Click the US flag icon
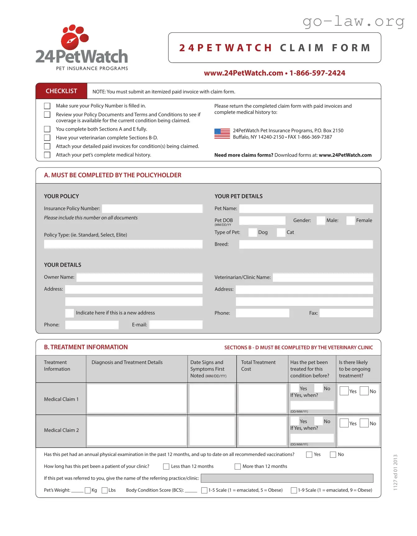click(222, 134)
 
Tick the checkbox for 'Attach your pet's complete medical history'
click(47, 155)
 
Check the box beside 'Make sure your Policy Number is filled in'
click(47, 106)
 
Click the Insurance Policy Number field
click(152, 208)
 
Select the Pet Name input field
click(306, 208)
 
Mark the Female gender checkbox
click(351, 220)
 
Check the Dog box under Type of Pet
click(253, 232)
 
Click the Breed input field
click(306, 244)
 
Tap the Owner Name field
click(139, 277)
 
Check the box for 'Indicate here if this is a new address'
click(69, 313)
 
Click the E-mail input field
click(176, 325)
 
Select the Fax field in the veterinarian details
click(346, 313)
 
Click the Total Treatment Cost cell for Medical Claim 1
click(262, 399)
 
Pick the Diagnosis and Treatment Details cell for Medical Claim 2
click(137, 430)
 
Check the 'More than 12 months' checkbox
click(238, 466)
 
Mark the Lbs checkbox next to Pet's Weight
click(105, 490)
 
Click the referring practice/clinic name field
click(287, 478)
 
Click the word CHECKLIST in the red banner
click(61, 91)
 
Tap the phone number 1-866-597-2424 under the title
click(317, 73)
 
